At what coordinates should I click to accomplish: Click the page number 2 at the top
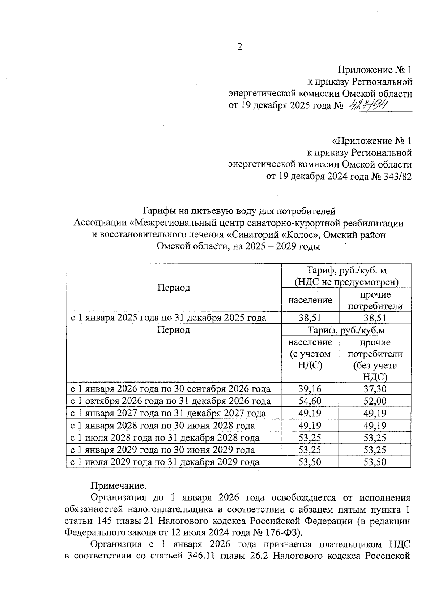(239, 47)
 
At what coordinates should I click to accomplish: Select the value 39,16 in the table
(310, 389)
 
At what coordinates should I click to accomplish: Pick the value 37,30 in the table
(375, 389)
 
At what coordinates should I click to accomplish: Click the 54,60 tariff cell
(310, 401)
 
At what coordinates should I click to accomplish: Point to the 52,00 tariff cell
(375, 401)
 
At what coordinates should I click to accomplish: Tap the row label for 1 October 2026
(170, 401)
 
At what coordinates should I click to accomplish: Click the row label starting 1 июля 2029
(165, 462)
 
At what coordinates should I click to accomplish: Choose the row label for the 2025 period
(168, 318)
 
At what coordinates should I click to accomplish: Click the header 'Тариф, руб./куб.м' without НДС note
(346, 330)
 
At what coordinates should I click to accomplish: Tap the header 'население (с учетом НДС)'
(310, 354)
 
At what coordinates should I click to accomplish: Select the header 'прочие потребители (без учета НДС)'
(375, 359)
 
